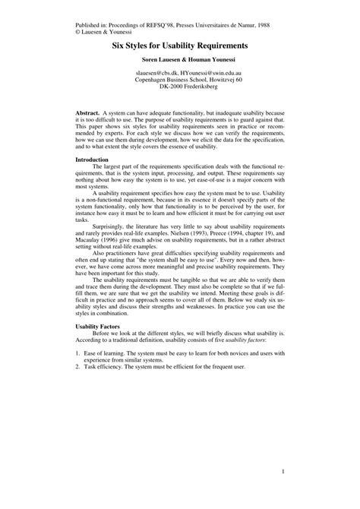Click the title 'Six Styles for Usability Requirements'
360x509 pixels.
(180, 46)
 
